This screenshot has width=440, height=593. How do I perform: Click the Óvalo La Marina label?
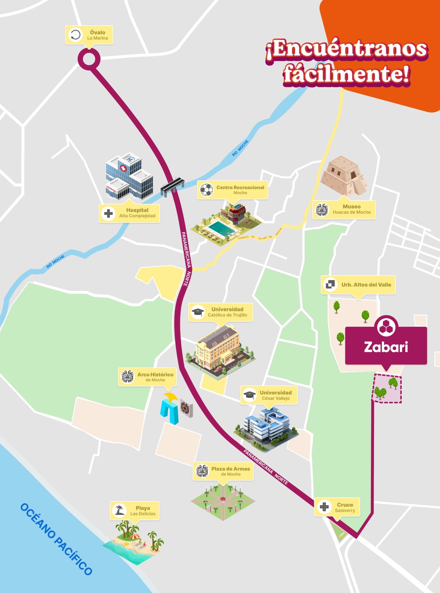[x=89, y=35]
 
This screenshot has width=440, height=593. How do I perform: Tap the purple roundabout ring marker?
[x=89, y=59]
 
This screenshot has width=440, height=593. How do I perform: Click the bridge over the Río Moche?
[x=172, y=186]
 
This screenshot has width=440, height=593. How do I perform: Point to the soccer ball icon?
[x=206, y=190]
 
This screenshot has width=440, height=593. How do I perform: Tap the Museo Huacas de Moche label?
[x=344, y=209]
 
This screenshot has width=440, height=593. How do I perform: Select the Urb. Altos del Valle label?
[x=358, y=285]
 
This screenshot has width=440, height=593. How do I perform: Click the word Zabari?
[x=386, y=347]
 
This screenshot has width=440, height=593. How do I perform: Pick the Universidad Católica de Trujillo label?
[x=221, y=312]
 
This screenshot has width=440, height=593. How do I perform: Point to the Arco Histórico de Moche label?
[x=147, y=377]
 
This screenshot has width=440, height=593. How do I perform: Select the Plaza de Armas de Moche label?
[x=223, y=471]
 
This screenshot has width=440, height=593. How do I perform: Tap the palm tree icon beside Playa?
[x=120, y=510]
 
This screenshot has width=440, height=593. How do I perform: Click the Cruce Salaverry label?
[x=337, y=507]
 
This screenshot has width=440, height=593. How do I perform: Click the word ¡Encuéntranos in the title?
[x=347, y=49]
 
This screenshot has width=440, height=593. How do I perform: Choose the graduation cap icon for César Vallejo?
[x=249, y=395]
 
